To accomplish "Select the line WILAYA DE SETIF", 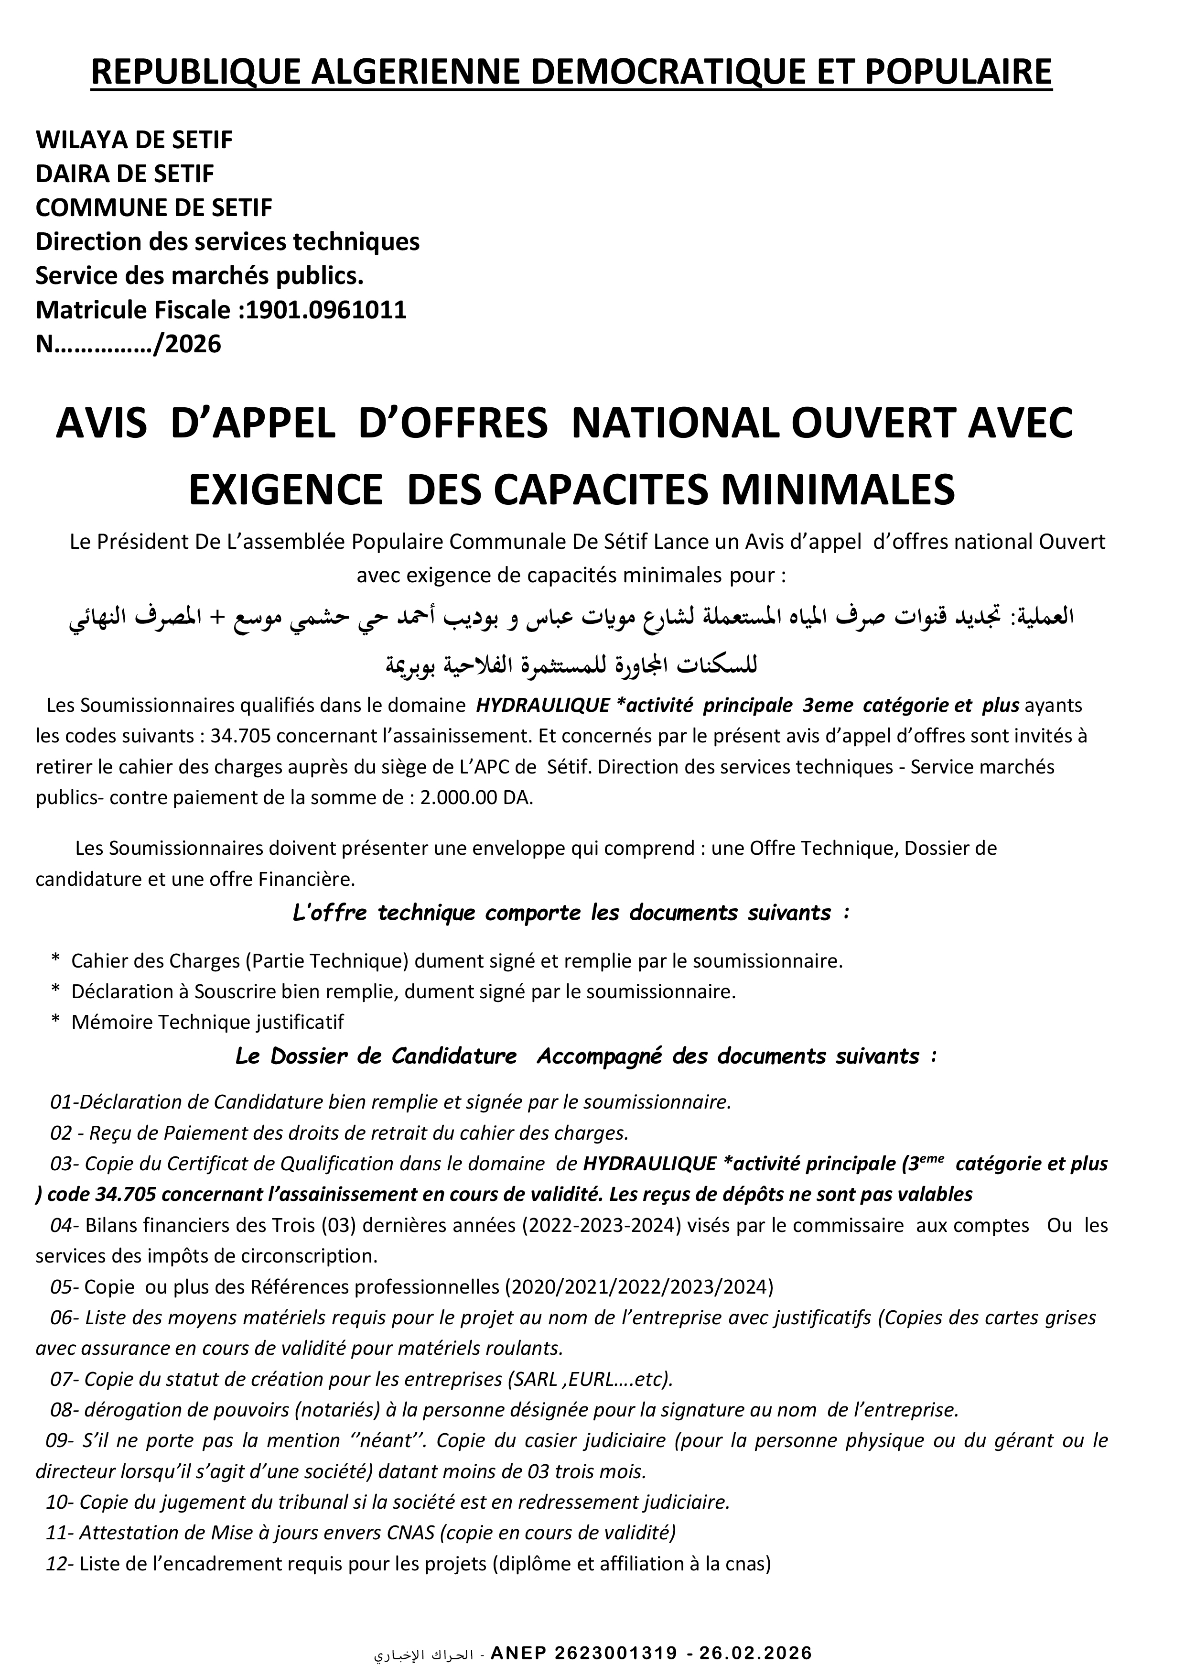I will tap(134, 140).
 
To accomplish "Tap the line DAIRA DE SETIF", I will tap(125, 174).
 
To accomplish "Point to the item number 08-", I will tap(64, 1410).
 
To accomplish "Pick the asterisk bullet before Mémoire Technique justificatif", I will tap(55, 1022).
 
